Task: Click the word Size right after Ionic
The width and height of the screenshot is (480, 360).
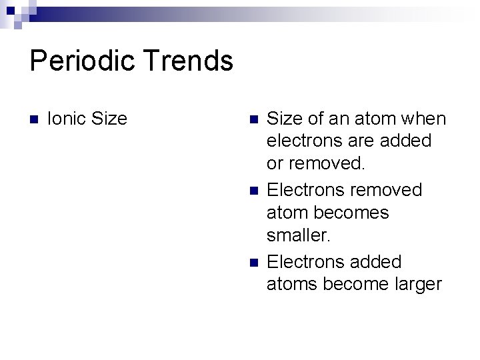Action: pyautogui.click(x=109, y=119)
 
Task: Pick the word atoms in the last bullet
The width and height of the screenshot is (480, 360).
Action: pyautogui.click(x=292, y=285)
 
